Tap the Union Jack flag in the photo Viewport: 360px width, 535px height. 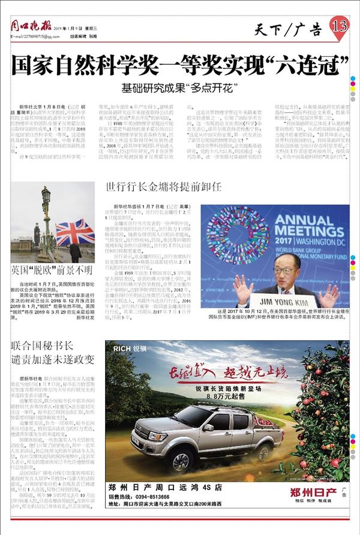pyautogui.click(x=74, y=230)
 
